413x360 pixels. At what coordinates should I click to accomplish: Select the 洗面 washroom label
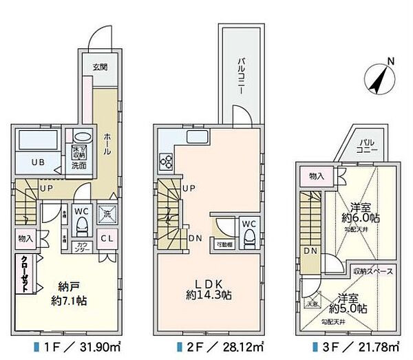coord(78,165)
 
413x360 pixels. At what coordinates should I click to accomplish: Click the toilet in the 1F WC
coord(81,224)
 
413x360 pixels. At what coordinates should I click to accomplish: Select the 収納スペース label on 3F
coord(372,272)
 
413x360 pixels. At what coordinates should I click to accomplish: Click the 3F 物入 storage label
coord(317,177)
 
